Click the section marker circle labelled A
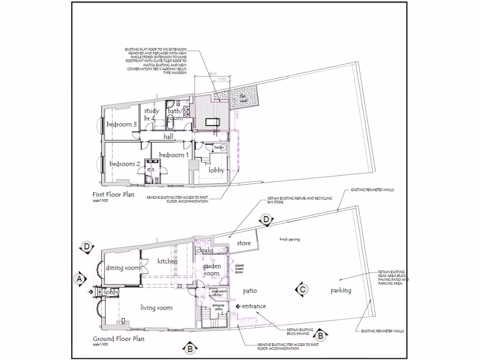[x=80, y=278]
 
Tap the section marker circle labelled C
[x=303, y=290]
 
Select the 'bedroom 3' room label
[x=121, y=125]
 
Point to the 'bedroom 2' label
[x=125, y=164]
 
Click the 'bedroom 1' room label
[x=174, y=155]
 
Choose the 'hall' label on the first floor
[x=169, y=136]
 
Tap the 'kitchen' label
[x=167, y=261]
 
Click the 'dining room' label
[x=123, y=268]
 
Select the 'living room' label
[x=157, y=308]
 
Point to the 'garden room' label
[x=211, y=270]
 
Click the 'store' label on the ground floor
[x=244, y=243]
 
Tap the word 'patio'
[x=250, y=291]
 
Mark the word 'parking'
[x=341, y=291]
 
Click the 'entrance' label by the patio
[x=254, y=306]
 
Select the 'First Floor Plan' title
[x=113, y=194]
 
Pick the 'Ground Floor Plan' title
[x=118, y=339]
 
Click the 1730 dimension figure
[x=221, y=80]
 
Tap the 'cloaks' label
[x=205, y=250]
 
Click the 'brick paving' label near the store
[x=289, y=239]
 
